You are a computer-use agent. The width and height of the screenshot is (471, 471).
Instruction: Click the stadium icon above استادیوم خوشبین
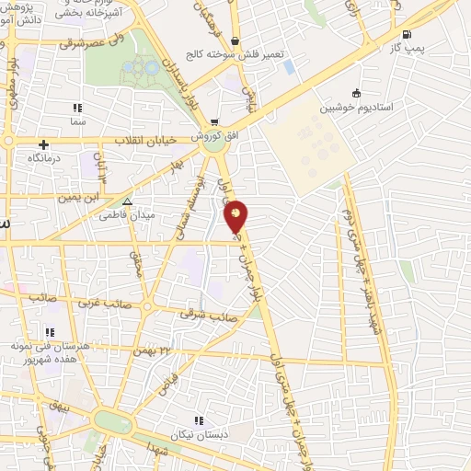[356, 92]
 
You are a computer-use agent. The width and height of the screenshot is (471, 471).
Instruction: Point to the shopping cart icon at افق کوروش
[214, 121]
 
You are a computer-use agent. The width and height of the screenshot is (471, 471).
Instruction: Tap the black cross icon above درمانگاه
[43, 144]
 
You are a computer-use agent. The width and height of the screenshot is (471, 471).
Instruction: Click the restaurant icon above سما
[77, 108]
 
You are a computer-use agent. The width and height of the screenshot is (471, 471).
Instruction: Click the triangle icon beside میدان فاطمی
[127, 201]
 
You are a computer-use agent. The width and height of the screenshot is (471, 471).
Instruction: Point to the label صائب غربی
[101, 302]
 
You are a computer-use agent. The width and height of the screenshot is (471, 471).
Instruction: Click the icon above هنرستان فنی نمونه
[51, 331]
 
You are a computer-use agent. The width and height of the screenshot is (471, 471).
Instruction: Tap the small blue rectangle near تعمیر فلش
[290, 66]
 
